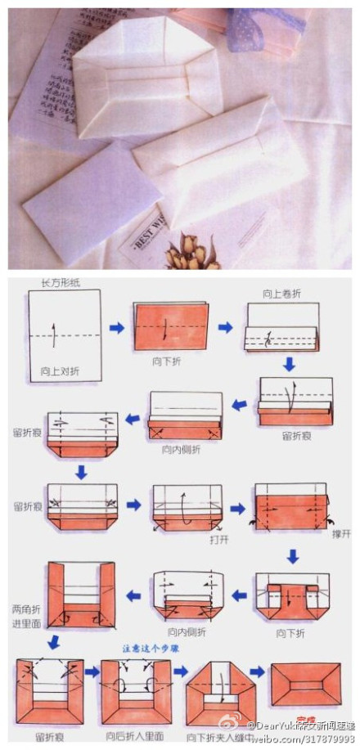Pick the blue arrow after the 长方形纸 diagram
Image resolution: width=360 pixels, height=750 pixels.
(118, 328)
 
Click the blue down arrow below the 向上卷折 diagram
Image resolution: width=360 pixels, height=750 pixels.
(289, 362)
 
